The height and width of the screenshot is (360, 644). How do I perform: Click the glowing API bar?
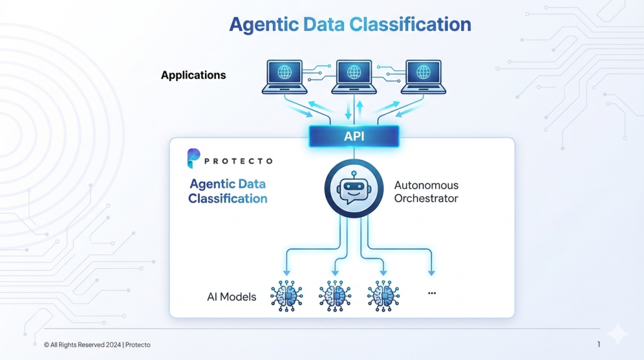pyautogui.click(x=353, y=136)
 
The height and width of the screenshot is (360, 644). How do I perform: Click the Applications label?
pyautogui.click(x=193, y=75)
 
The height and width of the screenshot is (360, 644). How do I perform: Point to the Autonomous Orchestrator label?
pyautogui.click(x=426, y=192)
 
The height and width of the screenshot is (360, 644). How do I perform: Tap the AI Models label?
pyautogui.click(x=231, y=296)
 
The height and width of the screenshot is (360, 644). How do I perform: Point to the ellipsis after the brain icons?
pyautogui.click(x=431, y=293)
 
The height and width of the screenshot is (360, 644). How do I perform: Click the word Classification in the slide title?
pyautogui.click(x=409, y=25)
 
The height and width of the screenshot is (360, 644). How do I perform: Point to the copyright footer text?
pyautogui.click(x=97, y=345)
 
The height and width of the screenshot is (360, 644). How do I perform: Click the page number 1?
pyautogui.click(x=599, y=344)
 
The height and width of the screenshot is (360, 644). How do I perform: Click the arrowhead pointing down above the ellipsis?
pyautogui.click(x=431, y=272)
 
